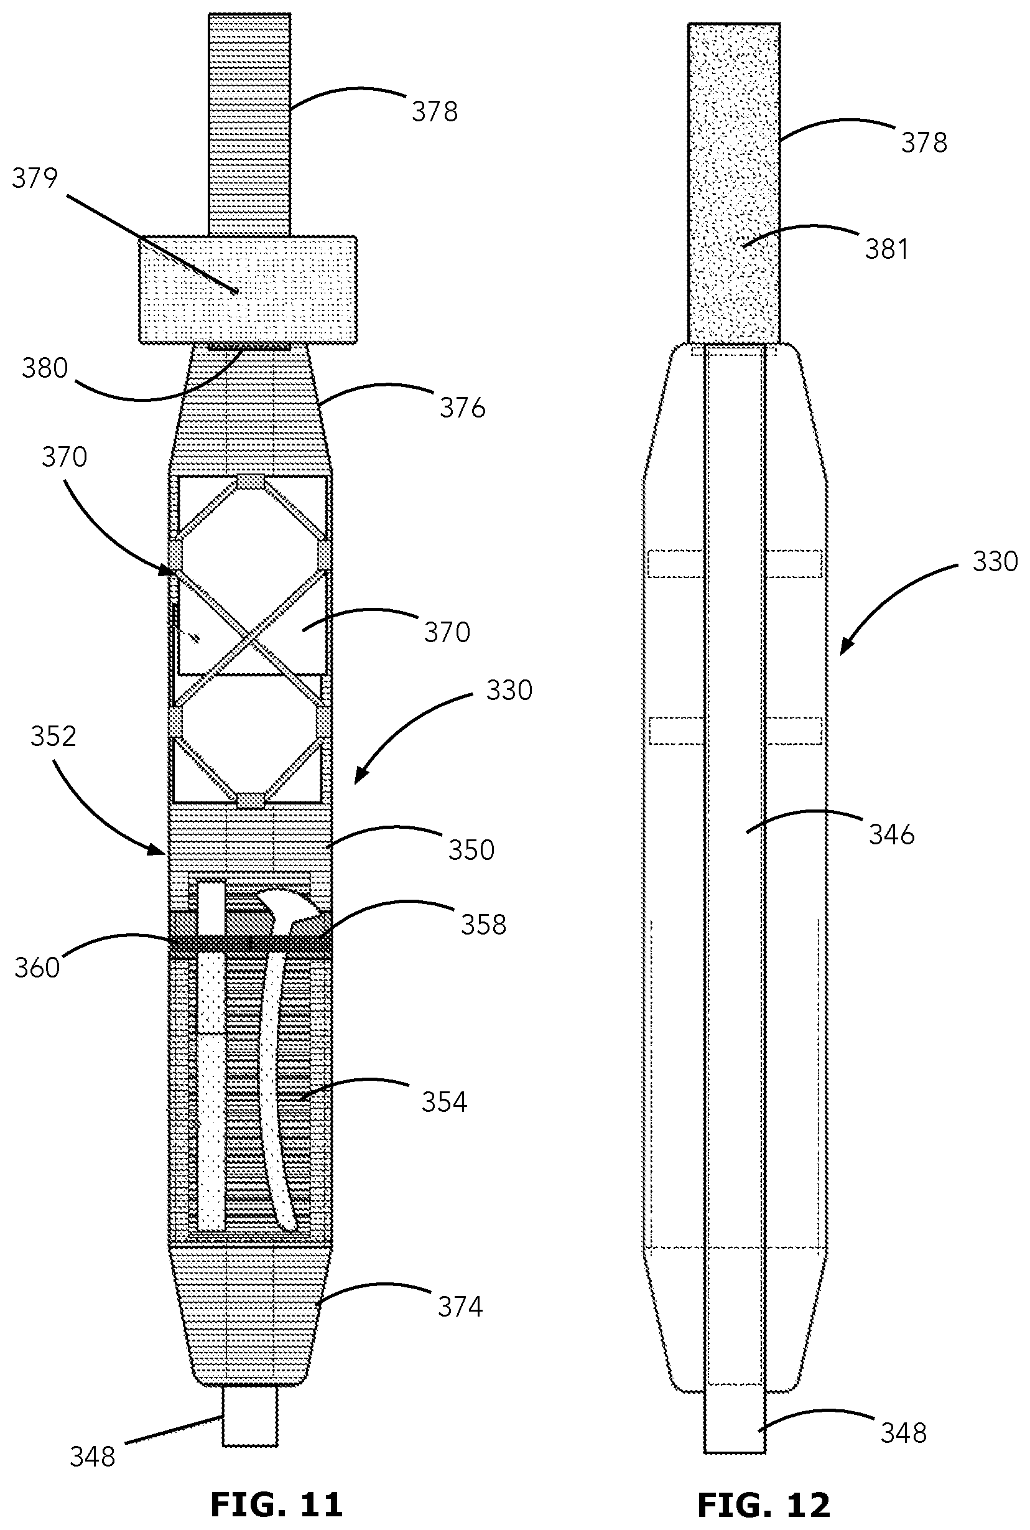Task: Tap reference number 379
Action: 35,179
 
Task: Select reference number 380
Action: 45,368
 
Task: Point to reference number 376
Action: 463,409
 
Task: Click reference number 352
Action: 53,737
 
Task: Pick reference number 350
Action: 471,850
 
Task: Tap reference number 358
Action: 483,925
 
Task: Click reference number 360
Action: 37,968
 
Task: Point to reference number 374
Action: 460,1307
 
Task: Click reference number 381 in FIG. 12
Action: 886,250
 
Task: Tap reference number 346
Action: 891,835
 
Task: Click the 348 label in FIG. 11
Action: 93,1458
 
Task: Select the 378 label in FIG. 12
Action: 924,143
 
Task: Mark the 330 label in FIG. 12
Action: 995,562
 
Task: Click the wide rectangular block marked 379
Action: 248,290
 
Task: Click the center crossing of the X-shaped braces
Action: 249,637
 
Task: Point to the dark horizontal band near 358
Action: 249,944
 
